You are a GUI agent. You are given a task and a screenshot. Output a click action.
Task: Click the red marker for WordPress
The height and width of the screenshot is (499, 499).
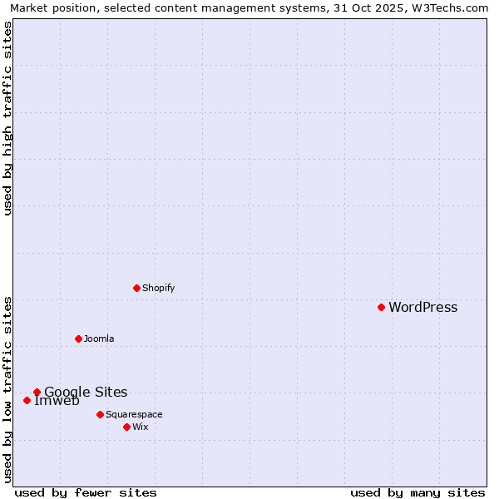click(381, 307)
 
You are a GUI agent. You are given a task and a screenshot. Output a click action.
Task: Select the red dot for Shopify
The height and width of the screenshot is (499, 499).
click(136, 288)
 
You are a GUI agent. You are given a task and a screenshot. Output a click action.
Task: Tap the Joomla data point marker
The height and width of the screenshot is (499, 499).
click(78, 338)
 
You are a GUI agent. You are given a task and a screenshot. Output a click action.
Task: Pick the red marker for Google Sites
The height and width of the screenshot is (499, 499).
click(37, 392)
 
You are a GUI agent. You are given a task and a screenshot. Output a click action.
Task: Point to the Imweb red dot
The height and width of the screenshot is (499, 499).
click(27, 400)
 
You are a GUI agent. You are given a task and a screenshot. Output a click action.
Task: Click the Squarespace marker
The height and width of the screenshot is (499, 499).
click(100, 414)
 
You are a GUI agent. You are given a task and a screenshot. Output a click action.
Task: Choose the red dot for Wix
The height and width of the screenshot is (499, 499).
click(126, 427)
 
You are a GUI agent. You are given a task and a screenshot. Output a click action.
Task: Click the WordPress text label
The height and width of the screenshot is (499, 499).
click(422, 308)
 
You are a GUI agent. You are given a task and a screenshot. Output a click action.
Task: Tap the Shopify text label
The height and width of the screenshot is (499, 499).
click(158, 289)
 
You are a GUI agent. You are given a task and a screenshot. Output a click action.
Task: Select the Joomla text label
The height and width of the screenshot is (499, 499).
click(99, 339)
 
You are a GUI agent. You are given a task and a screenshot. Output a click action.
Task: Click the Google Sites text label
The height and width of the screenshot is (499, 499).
click(86, 393)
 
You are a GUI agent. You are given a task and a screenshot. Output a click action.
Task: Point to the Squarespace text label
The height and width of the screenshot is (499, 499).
click(134, 415)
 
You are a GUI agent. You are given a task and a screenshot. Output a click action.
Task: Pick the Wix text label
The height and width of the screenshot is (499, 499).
click(140, 427)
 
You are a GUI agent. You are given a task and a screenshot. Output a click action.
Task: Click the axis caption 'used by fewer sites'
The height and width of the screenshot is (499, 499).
click(86, 492)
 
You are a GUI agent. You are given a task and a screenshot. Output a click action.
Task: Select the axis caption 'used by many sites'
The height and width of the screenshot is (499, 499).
click(417, 492)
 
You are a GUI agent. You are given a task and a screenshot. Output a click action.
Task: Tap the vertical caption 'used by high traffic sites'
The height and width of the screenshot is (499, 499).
click(8, 118)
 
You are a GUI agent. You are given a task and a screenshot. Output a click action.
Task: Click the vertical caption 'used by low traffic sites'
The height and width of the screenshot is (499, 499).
click(8, 388)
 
